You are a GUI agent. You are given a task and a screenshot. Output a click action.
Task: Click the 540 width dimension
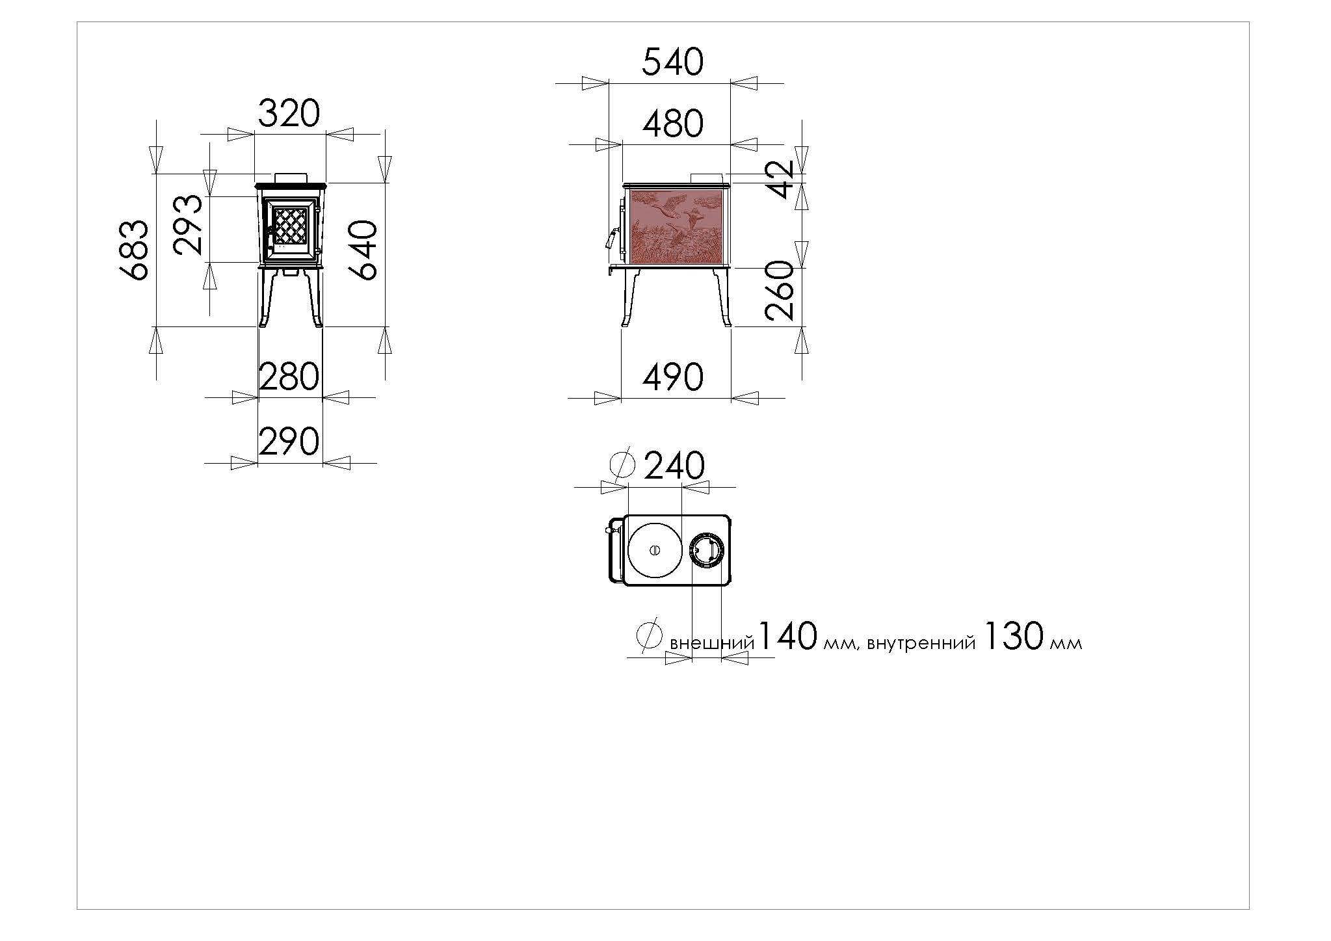click(x=672, y=62)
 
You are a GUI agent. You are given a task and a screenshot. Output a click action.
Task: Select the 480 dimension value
click(x=673, y=124)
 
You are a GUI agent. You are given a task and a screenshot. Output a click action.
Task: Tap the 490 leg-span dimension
click(x=673, y=377)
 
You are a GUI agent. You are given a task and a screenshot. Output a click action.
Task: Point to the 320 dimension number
click(x=289, y=113)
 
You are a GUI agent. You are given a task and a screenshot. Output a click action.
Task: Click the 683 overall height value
click(x=136, y=250)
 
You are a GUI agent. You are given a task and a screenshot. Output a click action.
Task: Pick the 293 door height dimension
click(x=189, y=224)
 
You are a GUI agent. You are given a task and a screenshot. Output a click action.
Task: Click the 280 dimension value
click(x=289, y=377)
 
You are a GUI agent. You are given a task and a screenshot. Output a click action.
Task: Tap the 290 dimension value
click(x=289, y=441)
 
